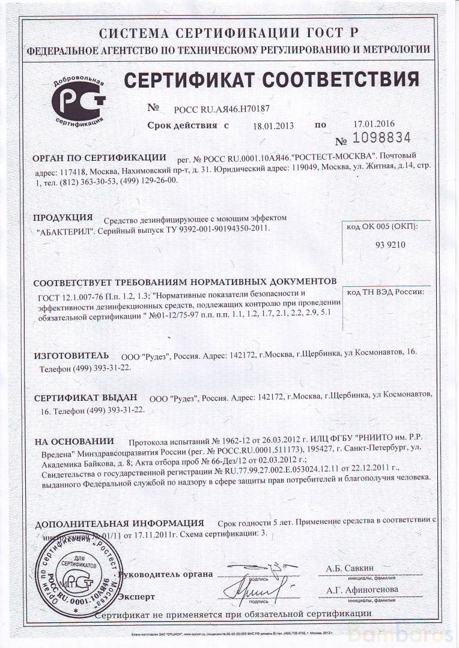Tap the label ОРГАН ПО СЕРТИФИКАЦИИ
coord(99,158)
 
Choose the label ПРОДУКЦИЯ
coord(62,217)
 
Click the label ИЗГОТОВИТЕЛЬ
coord(70,355)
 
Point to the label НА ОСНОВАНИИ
coord(73,441)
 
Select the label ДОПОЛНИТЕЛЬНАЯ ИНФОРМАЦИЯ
coord(118,523)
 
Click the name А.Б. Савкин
coord(350,567)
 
